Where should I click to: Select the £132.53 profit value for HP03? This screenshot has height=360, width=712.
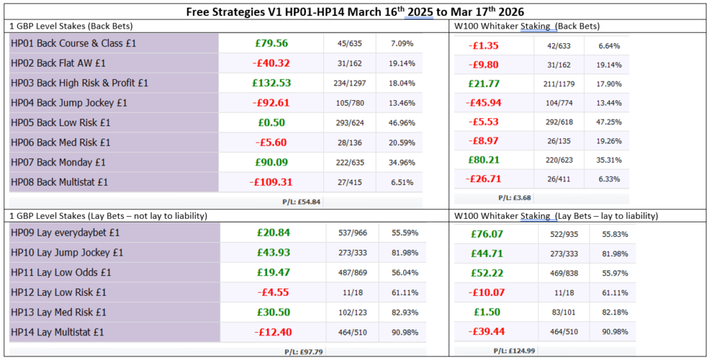click(x=271, y=83)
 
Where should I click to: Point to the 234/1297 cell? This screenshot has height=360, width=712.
click(x=350, y=83)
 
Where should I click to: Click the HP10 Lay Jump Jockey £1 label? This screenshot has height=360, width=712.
click(x=67, y=252)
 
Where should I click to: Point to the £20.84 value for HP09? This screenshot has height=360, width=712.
click(x=271, y=232)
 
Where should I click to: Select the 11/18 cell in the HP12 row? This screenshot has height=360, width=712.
click(x=350, y=293)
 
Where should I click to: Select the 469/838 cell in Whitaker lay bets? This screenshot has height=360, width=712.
click(x=563, y=273)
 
